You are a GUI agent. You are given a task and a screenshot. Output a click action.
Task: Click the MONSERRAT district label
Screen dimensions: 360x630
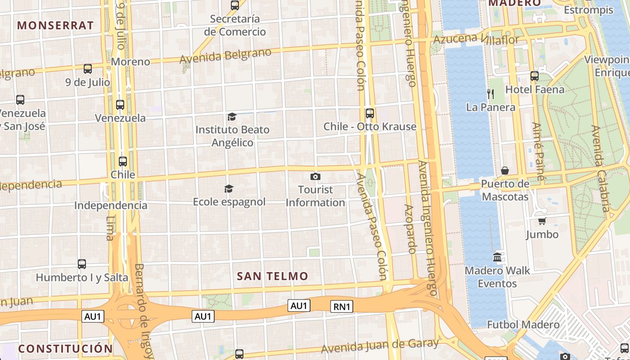pos(55,25)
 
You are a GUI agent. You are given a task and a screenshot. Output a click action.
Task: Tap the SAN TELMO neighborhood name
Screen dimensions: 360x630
pos(272,276)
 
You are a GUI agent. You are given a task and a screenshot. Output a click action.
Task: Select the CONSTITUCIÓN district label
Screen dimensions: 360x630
pos(65,349)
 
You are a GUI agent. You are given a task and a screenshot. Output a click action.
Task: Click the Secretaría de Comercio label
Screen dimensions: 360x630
pos(235,25)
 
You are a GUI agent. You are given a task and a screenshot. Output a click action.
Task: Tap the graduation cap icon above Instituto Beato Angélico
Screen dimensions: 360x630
pos(232,117)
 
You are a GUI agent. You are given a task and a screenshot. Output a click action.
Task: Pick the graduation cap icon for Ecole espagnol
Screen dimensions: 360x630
pos(229,189)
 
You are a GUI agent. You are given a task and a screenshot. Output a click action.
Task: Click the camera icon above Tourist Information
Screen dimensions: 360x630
pos(315,176)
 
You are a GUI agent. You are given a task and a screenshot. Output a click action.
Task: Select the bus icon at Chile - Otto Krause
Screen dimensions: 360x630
pos(370,113)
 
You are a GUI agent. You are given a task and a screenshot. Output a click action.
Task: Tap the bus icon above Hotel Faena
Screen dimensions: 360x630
pos(535,76)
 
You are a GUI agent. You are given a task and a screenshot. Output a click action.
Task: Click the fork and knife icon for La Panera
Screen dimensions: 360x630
pos(490,94)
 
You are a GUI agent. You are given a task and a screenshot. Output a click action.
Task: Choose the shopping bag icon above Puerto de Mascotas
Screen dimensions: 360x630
pos(505,171)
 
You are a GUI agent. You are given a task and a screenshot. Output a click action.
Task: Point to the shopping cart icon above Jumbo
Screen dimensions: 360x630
pos(542,221)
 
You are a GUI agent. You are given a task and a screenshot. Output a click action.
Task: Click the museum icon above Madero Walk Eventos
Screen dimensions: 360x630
pos(497,257)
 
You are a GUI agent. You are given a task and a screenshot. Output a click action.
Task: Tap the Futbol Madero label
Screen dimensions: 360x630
pos(523,324)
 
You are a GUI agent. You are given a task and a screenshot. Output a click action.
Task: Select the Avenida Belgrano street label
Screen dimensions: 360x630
pos(225,56)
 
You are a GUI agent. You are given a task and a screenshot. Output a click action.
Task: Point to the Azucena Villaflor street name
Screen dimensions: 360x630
pos(476,39)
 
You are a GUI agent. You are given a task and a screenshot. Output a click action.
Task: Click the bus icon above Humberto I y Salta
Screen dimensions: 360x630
pos(81,264)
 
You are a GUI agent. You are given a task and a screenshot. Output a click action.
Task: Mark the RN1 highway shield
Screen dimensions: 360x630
pos(342,307)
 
